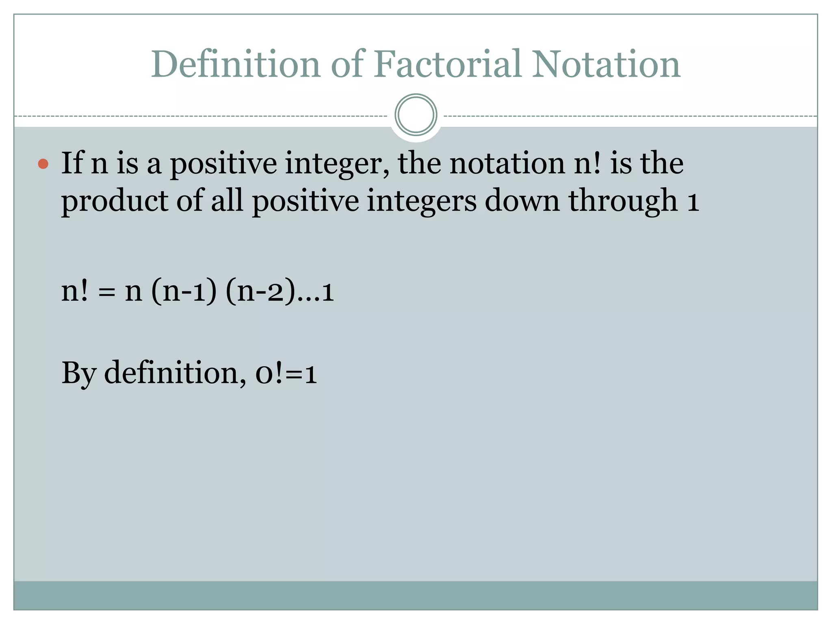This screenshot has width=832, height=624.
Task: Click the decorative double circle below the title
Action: pyautogui.click(x=416, y=115)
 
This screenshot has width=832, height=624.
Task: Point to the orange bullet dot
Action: pyautogui.click(x=43, y=164)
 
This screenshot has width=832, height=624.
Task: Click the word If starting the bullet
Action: pyautogui.click(x=72, y=162)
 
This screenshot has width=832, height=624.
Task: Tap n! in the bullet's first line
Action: pyautogui.click(x=587, y=162)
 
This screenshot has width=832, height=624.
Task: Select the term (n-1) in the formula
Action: pyautogui.click(x=184, y=291)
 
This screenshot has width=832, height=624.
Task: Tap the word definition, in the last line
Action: pyautogui.click(x=175, y=372)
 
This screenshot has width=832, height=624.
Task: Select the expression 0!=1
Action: pyautogui.click(x=286, y=373)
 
